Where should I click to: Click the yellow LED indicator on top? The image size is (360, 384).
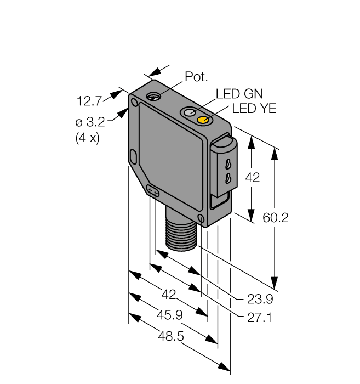click(203, 120)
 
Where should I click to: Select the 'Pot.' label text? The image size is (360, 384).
click(195, 77)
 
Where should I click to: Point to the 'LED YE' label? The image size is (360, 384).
click(254, 109)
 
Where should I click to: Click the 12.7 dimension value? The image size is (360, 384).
click(89, 100)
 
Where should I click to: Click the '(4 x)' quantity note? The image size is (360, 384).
click(87, 138)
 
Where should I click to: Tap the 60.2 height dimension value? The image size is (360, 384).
click(291, 218)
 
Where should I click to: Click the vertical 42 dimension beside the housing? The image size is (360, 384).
click(253, 177)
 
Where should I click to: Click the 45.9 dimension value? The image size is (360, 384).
click(169, 315)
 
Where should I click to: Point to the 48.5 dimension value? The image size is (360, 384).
click(170, 335)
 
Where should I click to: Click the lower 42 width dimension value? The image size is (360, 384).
click(169, 295)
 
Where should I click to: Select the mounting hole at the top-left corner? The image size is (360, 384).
click(133, 101)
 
